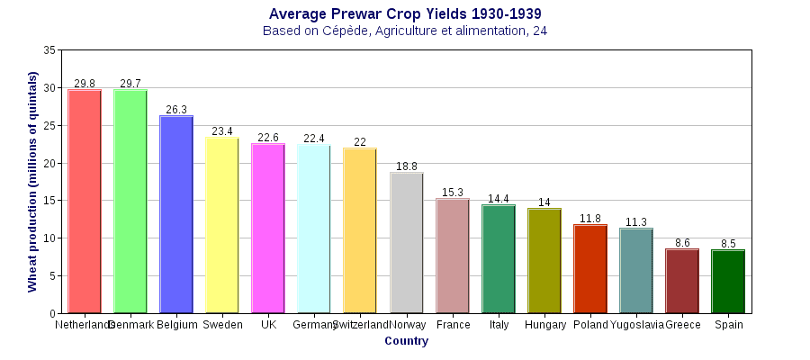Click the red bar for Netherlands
point(85,202)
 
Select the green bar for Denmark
point(130,202)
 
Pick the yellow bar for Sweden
point(222,225)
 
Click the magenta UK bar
point(268,229)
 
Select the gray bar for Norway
point(406,243)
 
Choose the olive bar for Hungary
point(544,261)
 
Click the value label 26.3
point(176,110)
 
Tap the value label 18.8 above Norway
point(407,166)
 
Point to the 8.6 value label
point(682,243)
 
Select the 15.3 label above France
point(453,193)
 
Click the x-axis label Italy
point(499,325)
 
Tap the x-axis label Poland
point(590,325)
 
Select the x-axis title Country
point(406,341)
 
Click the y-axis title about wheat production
point(32,182)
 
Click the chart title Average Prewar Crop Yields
point(405,13)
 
